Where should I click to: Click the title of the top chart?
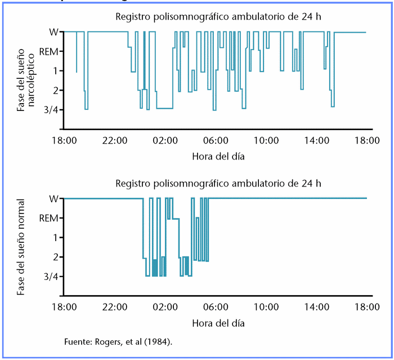218,16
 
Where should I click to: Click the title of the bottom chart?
218,183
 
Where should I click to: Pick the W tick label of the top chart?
53,32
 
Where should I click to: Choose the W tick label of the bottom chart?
53,198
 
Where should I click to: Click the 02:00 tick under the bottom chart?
165,307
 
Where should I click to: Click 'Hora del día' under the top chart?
218,155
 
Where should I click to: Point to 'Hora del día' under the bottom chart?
218,323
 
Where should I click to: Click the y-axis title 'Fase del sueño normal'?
21,247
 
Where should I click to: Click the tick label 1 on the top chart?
55,70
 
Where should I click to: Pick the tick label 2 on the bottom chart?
55,257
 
